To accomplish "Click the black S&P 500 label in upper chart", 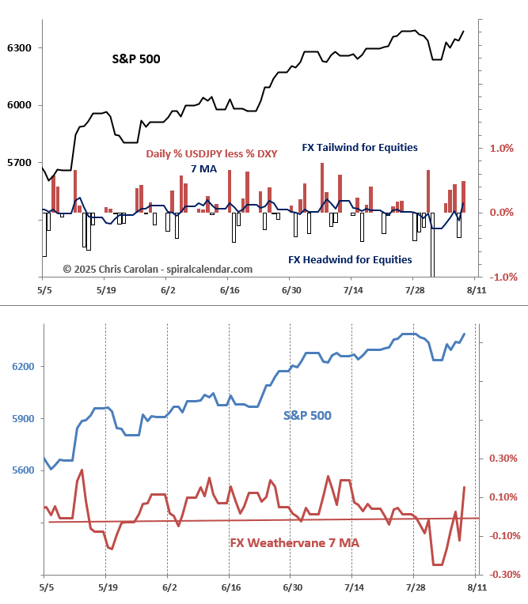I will pos(135,59).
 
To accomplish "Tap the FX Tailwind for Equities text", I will pos(359,147).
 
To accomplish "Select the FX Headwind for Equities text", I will pos(349,259).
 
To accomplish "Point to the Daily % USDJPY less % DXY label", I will pos(211,153).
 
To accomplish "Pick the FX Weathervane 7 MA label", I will pos(294,543).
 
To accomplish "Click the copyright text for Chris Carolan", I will pos(158,269).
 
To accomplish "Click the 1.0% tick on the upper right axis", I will pos(502,148).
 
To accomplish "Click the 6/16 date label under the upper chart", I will pos(228,290).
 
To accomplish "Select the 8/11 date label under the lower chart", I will pos(475,589).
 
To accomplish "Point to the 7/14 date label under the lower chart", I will pos(351,589).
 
